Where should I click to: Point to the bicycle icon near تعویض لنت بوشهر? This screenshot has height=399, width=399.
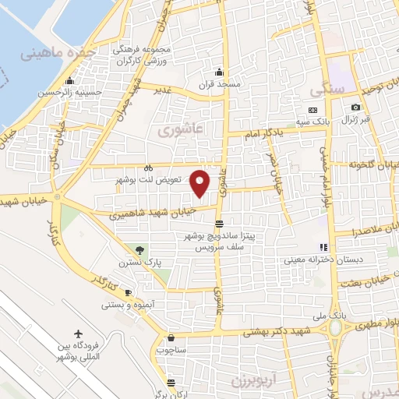point(148,168)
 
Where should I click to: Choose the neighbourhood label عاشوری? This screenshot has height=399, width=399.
point(180,131)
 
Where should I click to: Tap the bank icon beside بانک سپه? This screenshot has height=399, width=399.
point(313,110)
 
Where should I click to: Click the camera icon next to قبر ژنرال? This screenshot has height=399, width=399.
point(355,107)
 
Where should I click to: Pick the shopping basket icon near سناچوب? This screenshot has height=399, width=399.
point(171,337)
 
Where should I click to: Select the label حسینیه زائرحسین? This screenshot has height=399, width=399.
point(97,92)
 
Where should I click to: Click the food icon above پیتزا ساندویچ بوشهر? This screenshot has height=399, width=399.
point(219,223)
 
